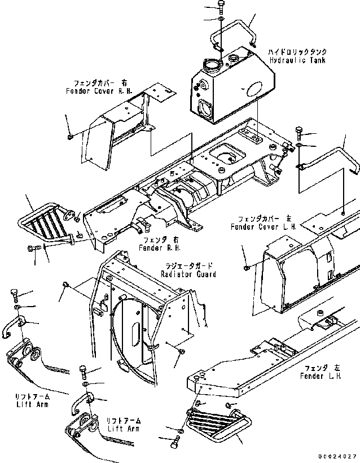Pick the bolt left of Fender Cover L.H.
(x=247, y=266)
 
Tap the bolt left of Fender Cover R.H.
(x=69, y=136)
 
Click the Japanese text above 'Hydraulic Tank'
(x=298, y=52)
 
